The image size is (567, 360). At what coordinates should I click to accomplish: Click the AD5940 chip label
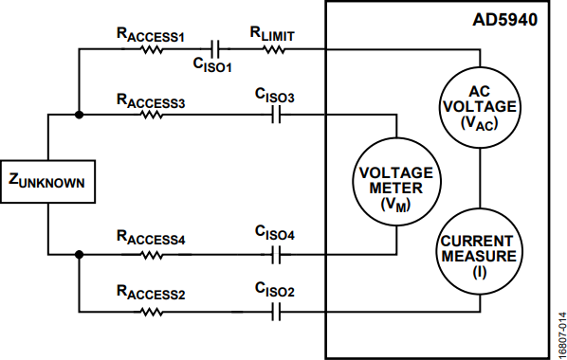tap(504, 20)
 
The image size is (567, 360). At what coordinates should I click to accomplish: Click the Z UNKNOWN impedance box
tap(47, 182)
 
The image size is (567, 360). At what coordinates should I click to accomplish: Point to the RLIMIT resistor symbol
tap(274, 49)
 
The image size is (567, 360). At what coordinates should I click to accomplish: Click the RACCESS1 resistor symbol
tap(152, 49)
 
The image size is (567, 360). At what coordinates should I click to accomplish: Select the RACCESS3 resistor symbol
tap(152, 115)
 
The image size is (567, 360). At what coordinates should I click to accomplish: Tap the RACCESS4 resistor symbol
tap(152, 255)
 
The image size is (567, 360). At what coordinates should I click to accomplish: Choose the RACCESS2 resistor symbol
tap(152, 312)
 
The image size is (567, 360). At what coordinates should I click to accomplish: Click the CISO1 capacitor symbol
tap(215, 49)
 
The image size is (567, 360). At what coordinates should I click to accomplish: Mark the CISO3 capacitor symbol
tap(276, 115)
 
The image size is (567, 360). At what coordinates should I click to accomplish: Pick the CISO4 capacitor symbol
tap(276, 255)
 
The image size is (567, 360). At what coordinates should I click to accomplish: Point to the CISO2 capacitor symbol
tap(276, 312)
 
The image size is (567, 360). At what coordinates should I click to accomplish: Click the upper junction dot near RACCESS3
tap(79, 115)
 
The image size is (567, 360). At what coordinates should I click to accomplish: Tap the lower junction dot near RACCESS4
tap(79, 255)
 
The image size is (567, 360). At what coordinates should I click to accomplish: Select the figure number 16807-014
tap(561, 334)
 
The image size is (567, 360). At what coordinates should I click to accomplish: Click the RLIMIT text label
tap(272, 34)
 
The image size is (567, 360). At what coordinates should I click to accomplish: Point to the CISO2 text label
tap(275, 290)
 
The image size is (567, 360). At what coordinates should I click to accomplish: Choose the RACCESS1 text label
tap(151, 35)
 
